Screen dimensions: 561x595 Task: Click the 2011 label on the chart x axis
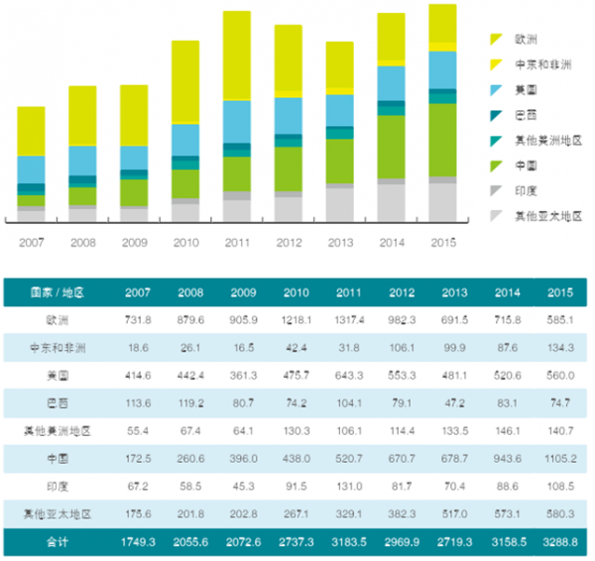point(236,241)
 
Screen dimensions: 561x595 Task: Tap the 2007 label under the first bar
point(31,241)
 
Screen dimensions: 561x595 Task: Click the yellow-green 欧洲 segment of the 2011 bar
point(236,55)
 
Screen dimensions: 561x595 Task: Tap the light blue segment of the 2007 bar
point(31,169)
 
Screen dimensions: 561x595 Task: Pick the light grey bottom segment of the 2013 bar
point(339,204)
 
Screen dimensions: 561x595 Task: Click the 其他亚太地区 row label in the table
point(58,514)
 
